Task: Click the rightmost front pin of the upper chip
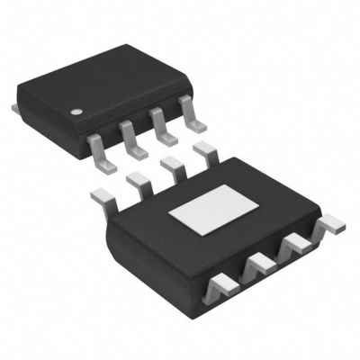192,109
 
